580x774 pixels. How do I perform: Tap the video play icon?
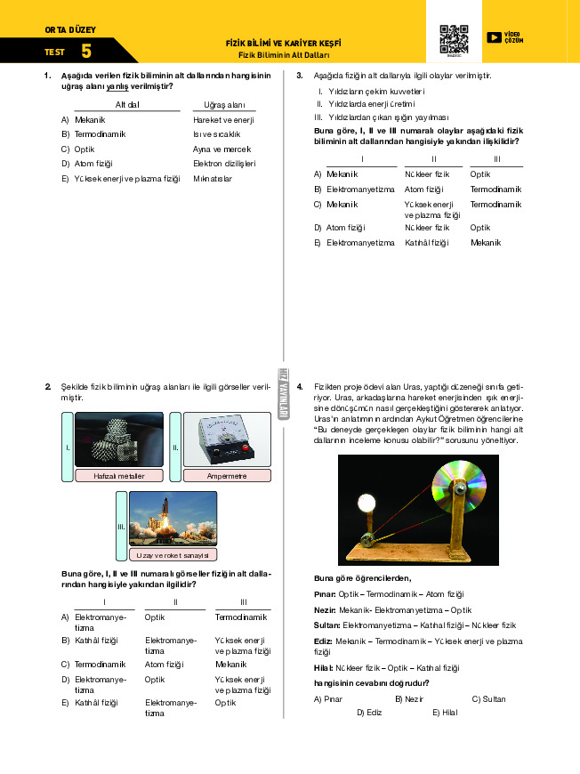coord(494,37)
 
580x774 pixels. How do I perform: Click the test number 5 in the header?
coord(85,52)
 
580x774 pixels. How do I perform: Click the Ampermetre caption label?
coord(227,475)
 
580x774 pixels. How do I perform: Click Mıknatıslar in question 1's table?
coord(213,179)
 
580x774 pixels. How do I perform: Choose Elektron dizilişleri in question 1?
coord(224,164)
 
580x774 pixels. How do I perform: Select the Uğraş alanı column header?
coord(224,104)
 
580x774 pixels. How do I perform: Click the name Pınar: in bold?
coord(325,593)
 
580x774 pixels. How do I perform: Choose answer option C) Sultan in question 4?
coord(488,698)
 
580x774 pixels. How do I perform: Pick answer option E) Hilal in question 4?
coord(445,712)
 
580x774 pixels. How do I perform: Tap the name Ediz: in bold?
coord(323,641)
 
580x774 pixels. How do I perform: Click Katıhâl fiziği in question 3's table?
coord(426,242)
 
